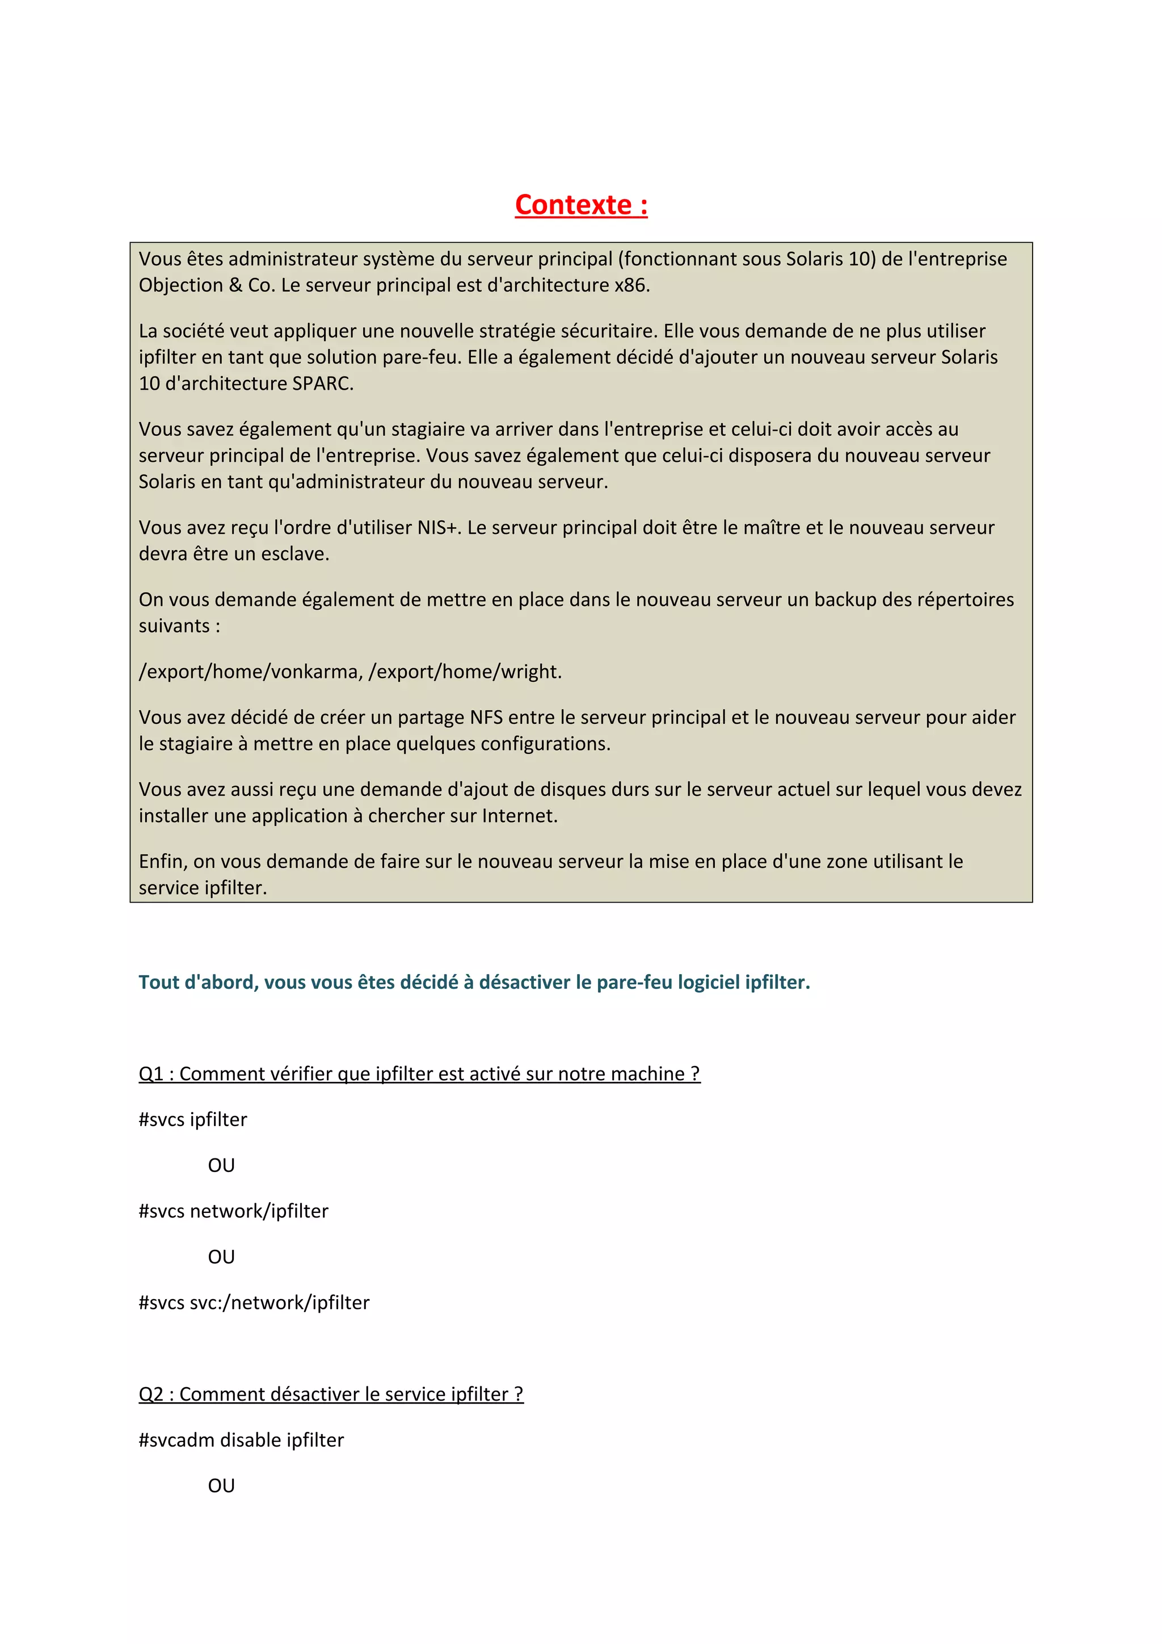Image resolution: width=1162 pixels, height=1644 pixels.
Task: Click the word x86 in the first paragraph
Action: click(x=630, y=285)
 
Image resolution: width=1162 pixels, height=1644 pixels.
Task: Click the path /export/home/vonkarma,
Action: click(x=251, y=672)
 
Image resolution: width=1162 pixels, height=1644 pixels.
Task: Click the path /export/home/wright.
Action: click(x=465, y=672)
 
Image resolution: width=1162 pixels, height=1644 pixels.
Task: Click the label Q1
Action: click(x=151, y=1073)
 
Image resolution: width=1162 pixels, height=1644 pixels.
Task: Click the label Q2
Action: click(x=151, y=1394)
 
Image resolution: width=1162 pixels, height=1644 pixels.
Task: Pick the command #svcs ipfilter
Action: click(x=192, y=1119)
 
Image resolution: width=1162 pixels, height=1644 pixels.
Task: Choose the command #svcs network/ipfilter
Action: click(x=233, y=1211)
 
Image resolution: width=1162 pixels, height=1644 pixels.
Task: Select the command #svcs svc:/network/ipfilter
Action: click(x=254, y=1302)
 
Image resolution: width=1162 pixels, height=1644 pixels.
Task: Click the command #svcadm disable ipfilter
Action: click(x=241, y=1440)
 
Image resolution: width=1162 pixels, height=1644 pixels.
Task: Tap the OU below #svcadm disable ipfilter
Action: click(x=221, y=1486)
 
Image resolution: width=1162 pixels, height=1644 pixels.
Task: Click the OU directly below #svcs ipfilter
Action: click(x=221, y=1165)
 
